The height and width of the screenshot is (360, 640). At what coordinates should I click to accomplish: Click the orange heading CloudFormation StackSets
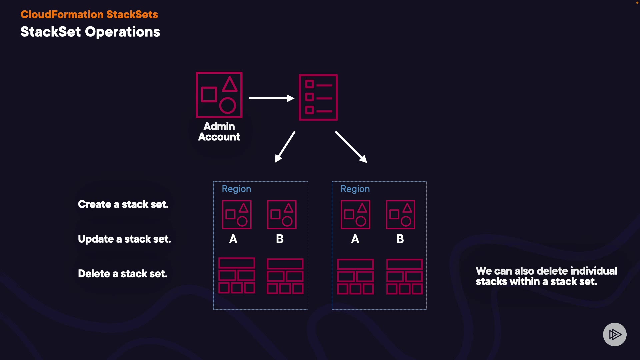coord(89,14)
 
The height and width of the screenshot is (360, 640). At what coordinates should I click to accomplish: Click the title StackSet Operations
coord(90,32)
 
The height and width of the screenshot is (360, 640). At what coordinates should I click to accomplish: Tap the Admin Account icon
coord(219,95)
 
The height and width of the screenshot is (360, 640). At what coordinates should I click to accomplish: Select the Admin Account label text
coord(219,132)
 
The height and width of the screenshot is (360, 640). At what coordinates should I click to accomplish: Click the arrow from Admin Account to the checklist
coord(271,98)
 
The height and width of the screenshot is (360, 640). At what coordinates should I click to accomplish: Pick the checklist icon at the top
coord(318,97)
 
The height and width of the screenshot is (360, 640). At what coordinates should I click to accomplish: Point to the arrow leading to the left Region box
coord(285,147)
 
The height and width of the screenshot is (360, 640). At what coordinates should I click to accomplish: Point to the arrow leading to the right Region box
coord(351,147)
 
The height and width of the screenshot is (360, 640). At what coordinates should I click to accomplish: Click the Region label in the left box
coord(236,189)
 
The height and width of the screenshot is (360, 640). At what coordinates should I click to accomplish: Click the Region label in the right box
coord(355,189)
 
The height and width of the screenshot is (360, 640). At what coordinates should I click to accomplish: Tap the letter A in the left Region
coord(233,239)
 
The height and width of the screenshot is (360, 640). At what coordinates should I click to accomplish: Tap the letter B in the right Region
coord(400,239)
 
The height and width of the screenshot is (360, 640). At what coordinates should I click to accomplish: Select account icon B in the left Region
coord(282,215)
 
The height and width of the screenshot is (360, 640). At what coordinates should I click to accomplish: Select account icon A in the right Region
coord(355,215)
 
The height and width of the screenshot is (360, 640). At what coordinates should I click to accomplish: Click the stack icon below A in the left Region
coord(237,276)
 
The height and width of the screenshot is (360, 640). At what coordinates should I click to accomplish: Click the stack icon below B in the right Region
coord(404,277)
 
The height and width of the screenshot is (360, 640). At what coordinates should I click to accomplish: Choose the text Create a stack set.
coord(123,204)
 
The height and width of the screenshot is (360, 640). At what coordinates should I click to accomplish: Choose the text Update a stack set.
coord(124,239)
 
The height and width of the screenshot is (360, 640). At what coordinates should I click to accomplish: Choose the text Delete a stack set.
coord(123,274)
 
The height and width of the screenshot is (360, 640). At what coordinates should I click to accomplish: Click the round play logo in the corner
coord(615,334)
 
